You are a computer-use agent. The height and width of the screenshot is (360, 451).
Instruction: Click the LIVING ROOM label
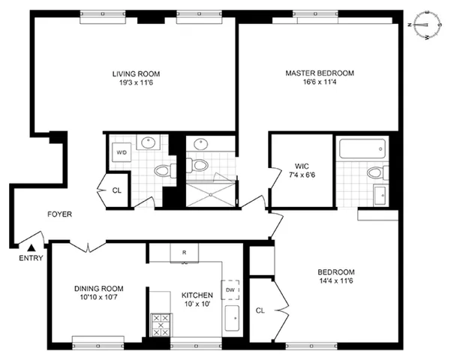pyautogui.click(x=136, y=73)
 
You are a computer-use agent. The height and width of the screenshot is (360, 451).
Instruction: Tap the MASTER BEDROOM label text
pyautogui.click(x=319, y=73)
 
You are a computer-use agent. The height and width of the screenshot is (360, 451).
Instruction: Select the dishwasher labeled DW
pyautogui.click(x=230, y=289)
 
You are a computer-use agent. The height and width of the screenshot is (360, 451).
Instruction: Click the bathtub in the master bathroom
pyautogui.click(x=362, y=149)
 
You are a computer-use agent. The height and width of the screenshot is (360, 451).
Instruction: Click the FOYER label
pyautogui.click(x=59, y=214)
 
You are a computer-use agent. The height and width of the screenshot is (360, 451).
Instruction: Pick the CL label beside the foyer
pyautogui.click(x=116, y=190)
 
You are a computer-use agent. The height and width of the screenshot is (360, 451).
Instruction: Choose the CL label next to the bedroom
pyautogui.click(x=260, y=309)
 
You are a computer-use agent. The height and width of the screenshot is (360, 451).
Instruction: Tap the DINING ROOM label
pyautogui.click(x=98, y=289)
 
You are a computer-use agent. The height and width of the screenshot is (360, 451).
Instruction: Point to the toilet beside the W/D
pyautogui.click(x=161, y=172)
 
